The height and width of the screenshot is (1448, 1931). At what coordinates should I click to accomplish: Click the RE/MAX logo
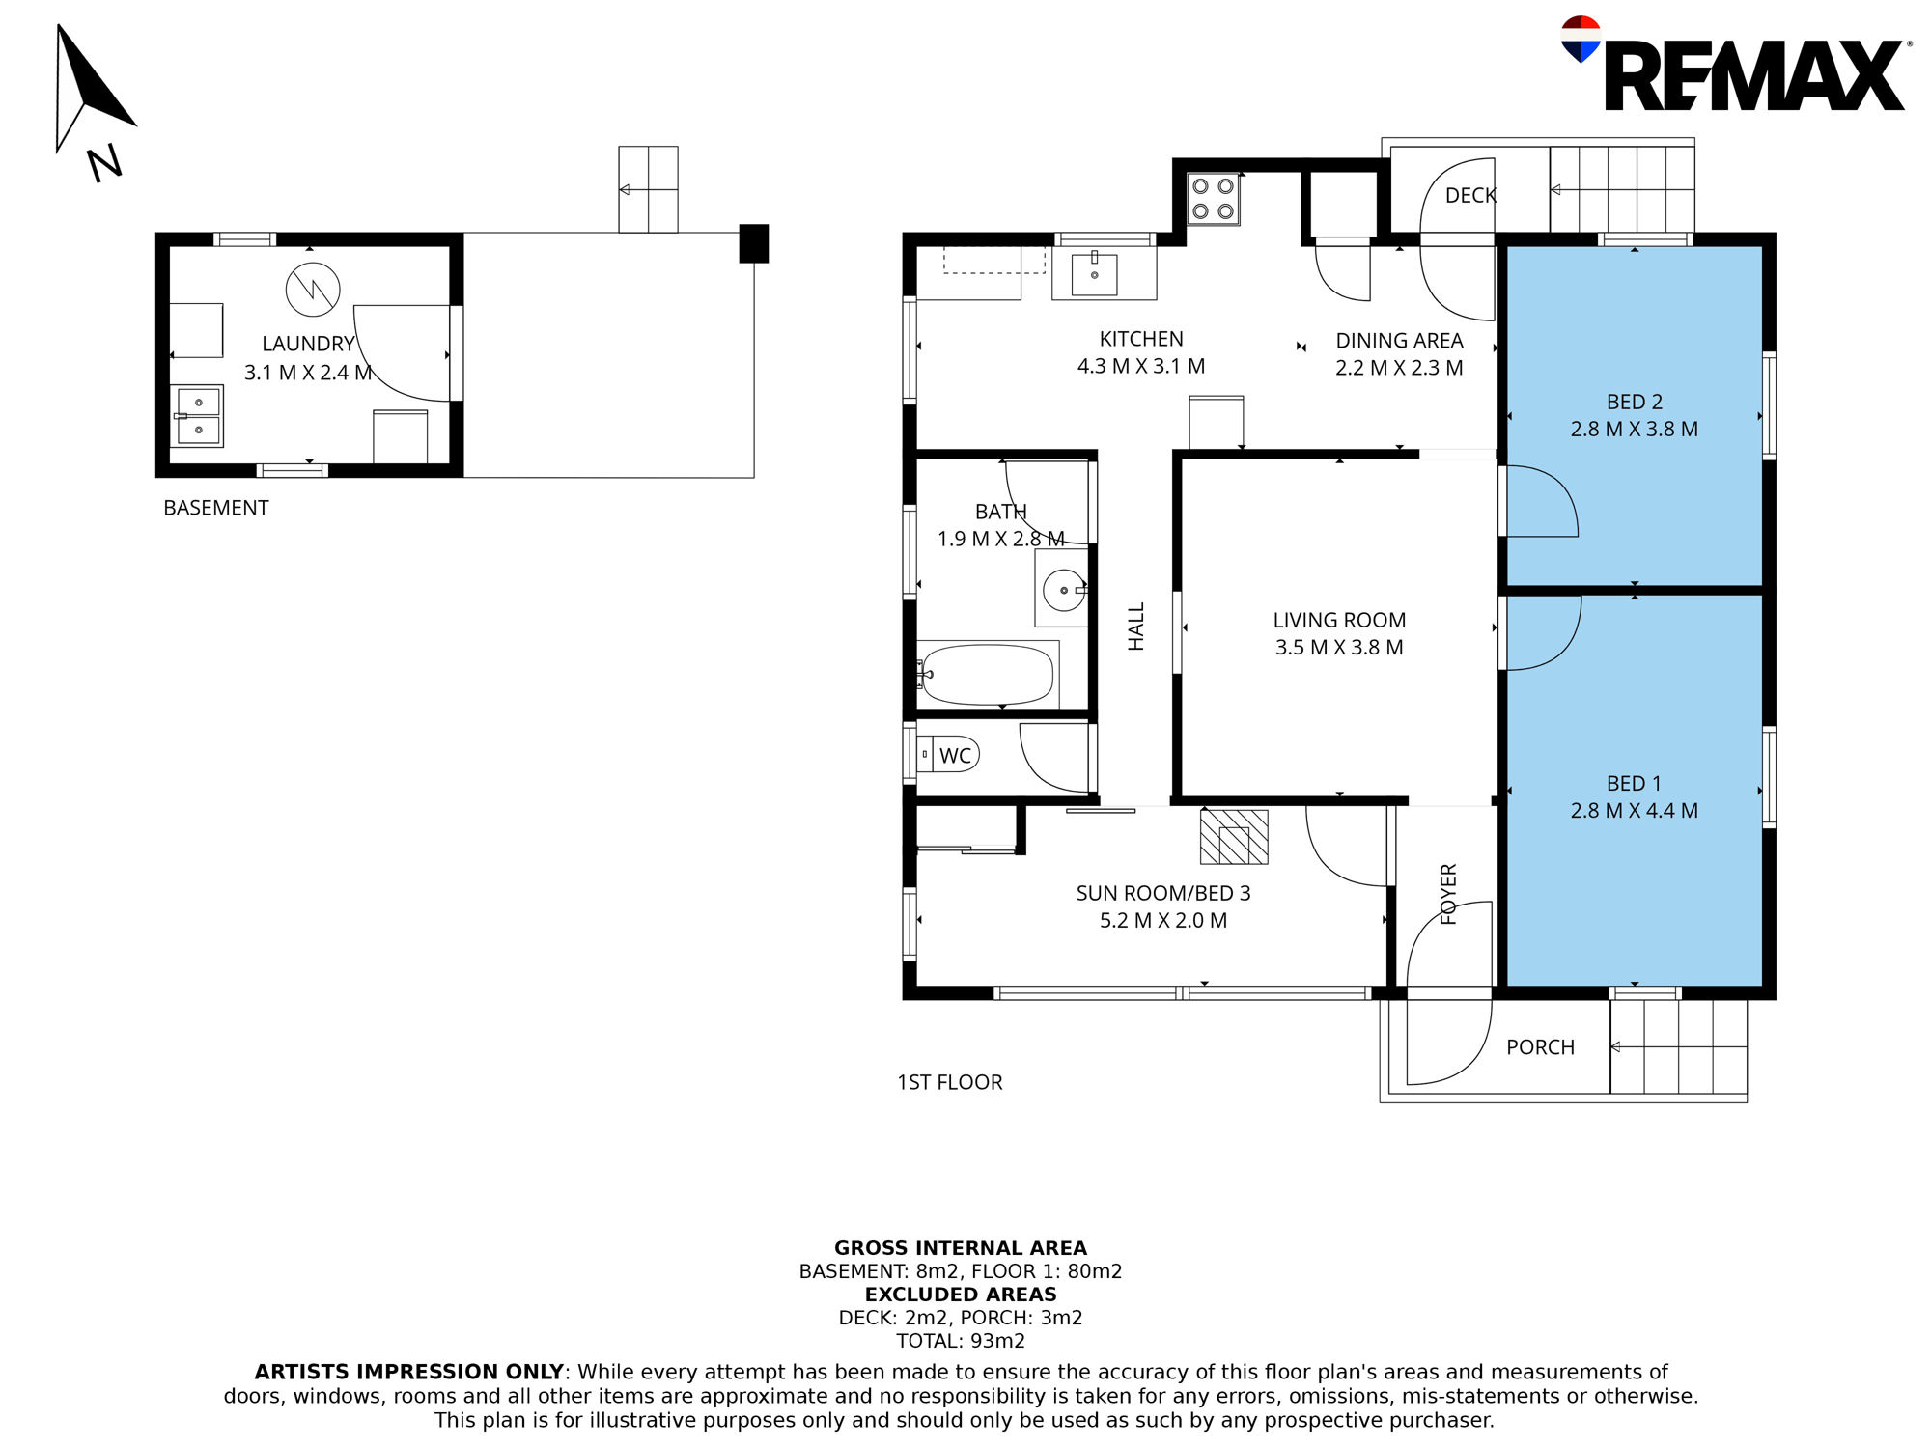click(1733, 65)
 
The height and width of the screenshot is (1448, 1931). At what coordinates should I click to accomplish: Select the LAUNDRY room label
click(309, 344)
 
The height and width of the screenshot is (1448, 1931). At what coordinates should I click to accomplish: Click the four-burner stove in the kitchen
click(1214, 199)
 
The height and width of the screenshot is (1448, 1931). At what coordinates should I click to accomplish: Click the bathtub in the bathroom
click(987, 675)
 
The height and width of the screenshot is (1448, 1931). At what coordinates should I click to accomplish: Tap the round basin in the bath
click(1064, 590)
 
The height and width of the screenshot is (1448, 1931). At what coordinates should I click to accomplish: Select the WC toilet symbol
click(947, 754)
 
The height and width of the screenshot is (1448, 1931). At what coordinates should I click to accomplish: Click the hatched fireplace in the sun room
click(1234, 837)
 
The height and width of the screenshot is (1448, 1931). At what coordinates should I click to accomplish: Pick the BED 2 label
click(1635, 402)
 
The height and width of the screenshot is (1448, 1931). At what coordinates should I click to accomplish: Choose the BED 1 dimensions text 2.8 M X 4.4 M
click(1635, 811)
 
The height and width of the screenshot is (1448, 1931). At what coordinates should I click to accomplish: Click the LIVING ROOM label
click(1339, 621)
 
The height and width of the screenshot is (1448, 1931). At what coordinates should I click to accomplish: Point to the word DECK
click(1470, 196)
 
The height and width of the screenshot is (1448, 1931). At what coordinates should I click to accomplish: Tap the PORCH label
click(1540, 1047)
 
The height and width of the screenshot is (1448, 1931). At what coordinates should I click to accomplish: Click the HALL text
click(1136, 627)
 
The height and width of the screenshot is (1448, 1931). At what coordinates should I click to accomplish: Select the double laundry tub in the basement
click(197, 416)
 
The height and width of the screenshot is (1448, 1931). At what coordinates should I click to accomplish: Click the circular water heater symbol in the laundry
click(313, 290)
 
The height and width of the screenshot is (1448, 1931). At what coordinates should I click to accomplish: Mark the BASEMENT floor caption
click(216, 508)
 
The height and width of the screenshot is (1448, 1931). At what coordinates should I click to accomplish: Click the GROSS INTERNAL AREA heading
click(961, 1248)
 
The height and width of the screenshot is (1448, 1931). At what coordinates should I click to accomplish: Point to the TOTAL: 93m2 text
click(961, 1341)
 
